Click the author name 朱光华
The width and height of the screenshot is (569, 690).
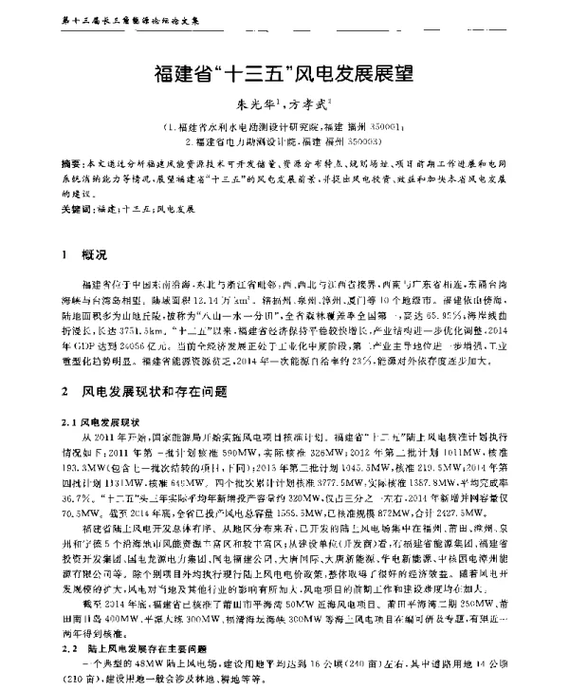[249, 107]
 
